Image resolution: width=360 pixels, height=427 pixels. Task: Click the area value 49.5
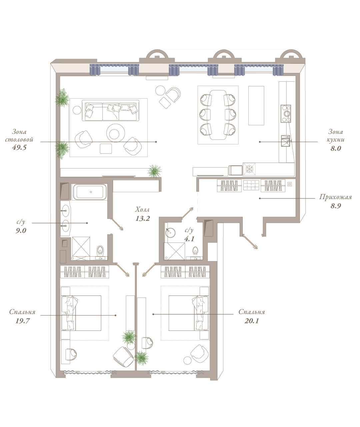[19, 148]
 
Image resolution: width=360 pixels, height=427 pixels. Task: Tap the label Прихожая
[335, 197]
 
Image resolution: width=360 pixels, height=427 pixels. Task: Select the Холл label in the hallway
[142, 209]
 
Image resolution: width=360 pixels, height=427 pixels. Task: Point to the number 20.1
[252, 321]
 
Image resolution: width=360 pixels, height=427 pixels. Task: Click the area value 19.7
[22, 321]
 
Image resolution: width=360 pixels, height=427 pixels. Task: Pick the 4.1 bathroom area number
[189, 239]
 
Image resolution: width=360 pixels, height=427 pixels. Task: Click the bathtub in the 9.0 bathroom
[90, 192]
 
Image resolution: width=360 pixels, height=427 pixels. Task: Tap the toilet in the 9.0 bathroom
[100, 252]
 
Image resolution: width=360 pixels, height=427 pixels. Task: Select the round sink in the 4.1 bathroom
[171, 233]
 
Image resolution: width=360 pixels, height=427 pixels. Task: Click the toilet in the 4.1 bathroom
[195, 252]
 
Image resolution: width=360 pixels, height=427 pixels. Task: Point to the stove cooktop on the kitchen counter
[286, 114]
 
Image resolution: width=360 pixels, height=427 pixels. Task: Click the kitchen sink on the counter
[285, 141]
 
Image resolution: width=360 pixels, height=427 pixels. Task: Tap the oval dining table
[218, 115]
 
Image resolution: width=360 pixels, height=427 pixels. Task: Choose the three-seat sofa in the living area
[111, 110]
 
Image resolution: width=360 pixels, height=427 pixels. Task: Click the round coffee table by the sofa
[115, 133]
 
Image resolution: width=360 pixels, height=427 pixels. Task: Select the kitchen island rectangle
[256, 105]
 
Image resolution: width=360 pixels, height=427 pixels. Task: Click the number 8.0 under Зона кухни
[336, 148]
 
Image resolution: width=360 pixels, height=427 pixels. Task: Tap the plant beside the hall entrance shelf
[154, 171]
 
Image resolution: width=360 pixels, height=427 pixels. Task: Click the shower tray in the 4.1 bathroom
[174, 251]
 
